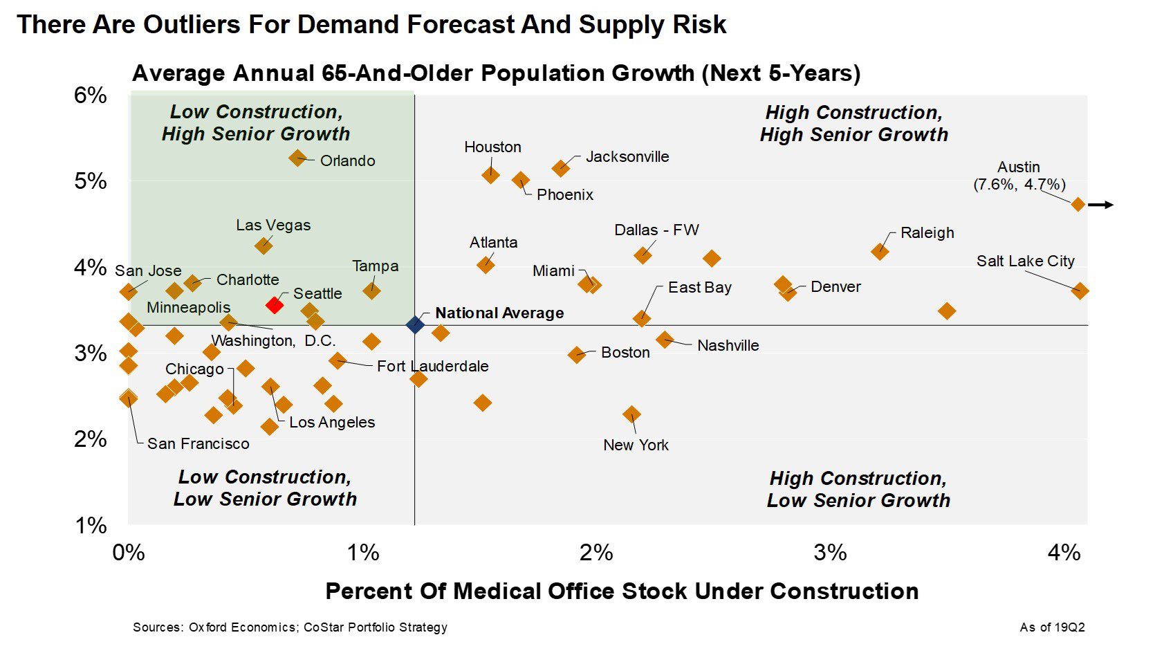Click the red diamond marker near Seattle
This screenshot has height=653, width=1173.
coord(275,304)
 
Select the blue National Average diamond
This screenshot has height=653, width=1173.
coord(415,324)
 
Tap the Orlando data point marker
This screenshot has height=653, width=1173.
coord(297,158)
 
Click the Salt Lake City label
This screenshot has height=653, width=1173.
coord(1025,261)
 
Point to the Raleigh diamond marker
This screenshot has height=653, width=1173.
coord(880,251)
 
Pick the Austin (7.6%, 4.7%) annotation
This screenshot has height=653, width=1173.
coord(1019,176)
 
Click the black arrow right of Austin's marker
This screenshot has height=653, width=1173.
coord(1100,205)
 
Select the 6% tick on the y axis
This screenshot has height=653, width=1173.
coord(91,95)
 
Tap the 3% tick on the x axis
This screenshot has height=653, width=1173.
coord(830,552)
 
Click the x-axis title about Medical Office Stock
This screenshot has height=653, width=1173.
coord(622,591)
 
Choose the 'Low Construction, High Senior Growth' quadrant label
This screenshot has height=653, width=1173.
coord(256,122)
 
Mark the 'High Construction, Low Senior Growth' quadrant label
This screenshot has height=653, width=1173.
coord(858,489)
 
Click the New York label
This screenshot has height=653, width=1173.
coord(636,445)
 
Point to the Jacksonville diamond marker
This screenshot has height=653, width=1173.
coord(560,168)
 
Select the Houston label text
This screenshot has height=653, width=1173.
coord(492,147)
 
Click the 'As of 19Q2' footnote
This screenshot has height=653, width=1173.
coord(1052,627)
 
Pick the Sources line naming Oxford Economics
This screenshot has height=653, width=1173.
coord(290,627)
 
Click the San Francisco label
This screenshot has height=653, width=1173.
coord(198,443)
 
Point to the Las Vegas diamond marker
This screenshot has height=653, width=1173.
coord(263,246)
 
